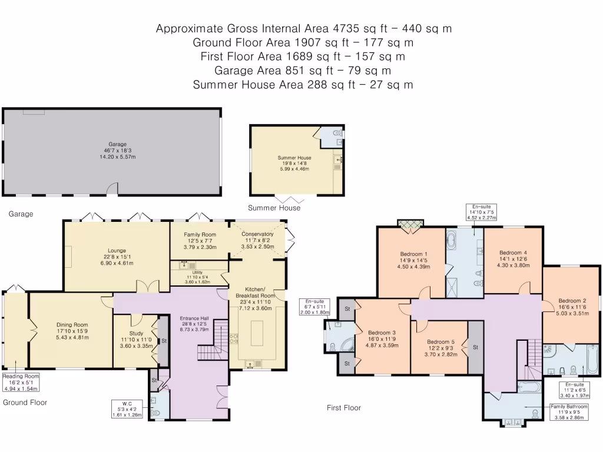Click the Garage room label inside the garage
(113, 144)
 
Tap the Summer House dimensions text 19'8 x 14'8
(294, 164)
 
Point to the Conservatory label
(257, 234)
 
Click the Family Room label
(200, 234)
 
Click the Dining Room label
(72, 324)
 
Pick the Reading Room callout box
(21, 382)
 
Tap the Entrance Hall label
(194, 318)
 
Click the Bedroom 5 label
(440, 342)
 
